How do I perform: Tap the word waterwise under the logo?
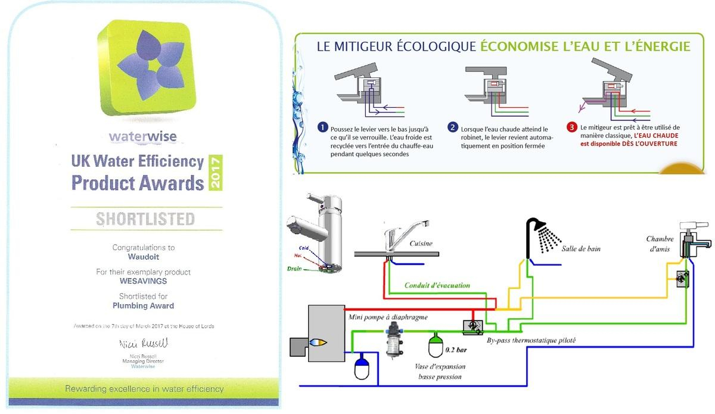[143, 137]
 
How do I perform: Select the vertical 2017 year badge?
[216, 173]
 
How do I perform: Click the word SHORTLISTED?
[145, 219]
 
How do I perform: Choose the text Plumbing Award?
[144, 306]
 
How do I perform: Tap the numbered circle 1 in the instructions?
[323, 127]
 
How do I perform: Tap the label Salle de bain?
[581, 248]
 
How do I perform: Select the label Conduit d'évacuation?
[437, 285]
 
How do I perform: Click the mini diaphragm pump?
[394, 340]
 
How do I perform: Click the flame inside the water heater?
[316, 343]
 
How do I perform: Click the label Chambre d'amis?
[660, 244]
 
